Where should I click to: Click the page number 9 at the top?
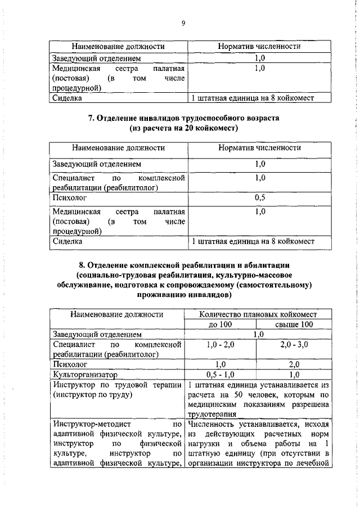point(183,23)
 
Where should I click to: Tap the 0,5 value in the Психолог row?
point(259,198)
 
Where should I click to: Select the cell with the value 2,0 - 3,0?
point(294,344)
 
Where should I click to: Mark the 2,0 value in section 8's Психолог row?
point(294,364)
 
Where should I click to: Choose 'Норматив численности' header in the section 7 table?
point(259,147)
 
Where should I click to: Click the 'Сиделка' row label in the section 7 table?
point(67,241)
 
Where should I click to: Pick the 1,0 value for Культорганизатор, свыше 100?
point(294,374)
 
